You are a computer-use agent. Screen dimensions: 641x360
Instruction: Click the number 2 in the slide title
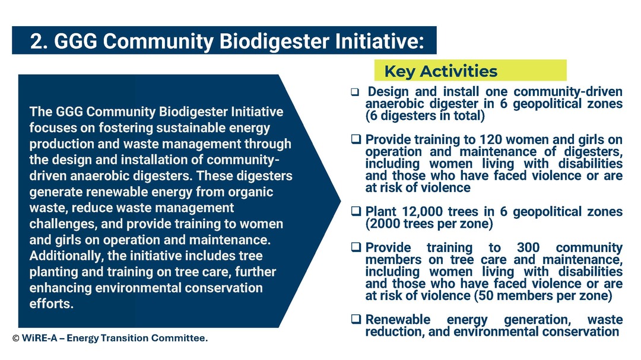[x=37, y=42]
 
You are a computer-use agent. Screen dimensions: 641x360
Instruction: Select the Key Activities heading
[x=440, y=71]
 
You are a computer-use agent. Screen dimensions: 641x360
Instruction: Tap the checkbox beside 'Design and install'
[x=355, y=92]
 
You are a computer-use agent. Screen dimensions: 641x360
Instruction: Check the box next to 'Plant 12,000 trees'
[x=356, y=211]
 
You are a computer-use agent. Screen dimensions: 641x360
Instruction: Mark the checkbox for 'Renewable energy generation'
[x=356, y=319]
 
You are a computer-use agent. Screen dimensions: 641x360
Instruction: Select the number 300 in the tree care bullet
[x=528, y=248]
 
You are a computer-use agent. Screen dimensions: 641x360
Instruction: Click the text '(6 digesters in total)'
[x=425, y=116]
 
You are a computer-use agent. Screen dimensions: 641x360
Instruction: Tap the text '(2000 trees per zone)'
[x=429, y=224]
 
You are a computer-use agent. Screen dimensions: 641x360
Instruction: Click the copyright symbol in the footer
[x=16, y=338]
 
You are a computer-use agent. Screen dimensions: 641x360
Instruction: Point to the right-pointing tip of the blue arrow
[x=341, y=200]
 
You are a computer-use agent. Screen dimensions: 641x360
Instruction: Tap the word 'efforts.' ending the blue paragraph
[x=52, y=304]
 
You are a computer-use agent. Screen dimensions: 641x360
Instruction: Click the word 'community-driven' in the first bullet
[x=568, y=91]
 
